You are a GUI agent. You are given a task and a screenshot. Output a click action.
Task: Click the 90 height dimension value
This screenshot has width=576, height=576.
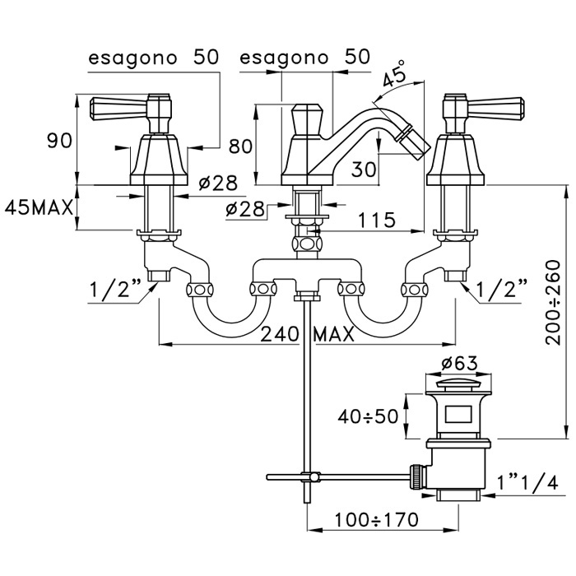point(59,141)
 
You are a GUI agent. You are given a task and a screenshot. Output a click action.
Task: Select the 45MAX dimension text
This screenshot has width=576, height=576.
point(40,207)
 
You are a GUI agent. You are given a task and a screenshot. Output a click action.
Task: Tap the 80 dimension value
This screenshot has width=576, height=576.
point(239,146)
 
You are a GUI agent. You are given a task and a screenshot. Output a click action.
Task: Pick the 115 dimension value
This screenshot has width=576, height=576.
point(377,220)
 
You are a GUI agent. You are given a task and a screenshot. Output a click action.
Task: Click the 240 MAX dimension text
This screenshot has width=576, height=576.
point(307,334)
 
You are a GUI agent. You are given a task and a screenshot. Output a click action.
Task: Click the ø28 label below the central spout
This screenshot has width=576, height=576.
point(244,209)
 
